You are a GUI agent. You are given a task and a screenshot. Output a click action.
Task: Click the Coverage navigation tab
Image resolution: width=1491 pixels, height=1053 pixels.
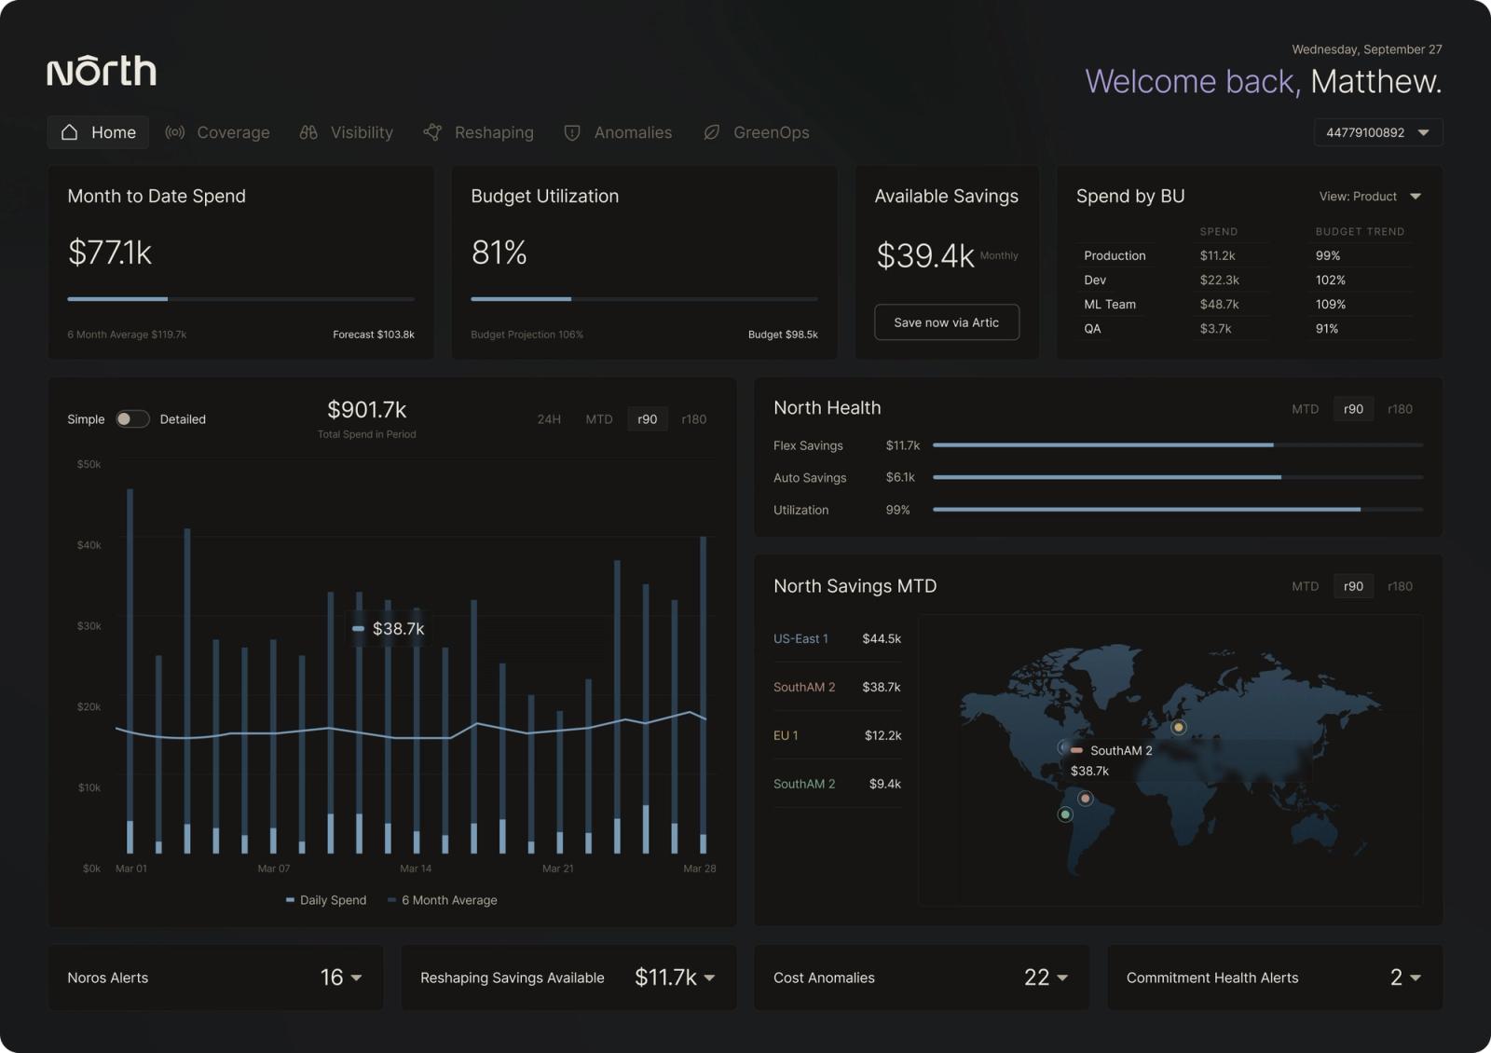coord(217,132)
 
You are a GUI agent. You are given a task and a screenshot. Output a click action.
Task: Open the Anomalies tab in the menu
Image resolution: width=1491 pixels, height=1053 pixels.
coord(618,132)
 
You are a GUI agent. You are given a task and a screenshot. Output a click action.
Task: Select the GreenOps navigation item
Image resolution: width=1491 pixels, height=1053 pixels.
coord(756,132)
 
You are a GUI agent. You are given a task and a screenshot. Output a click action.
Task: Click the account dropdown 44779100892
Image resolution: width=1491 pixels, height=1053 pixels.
coord(1378,132)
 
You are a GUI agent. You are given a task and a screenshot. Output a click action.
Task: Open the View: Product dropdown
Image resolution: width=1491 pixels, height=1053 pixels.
coord(1370,197)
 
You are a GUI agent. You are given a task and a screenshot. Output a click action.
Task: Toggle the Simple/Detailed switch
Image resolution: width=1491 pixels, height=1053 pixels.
coord(131,418)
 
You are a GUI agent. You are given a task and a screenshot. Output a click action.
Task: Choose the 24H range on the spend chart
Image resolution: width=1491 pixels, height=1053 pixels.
coord(549,419)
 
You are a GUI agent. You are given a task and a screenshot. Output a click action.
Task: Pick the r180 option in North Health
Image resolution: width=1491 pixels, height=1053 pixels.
coord(1400,409)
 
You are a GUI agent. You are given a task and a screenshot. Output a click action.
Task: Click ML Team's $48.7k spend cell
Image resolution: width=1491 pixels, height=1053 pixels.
coord(1219,304)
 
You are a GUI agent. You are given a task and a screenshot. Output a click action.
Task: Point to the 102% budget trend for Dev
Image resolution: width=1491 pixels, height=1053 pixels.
coord(1330,280)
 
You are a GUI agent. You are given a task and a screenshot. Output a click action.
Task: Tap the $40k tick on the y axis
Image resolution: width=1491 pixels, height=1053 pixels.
coord(89,545)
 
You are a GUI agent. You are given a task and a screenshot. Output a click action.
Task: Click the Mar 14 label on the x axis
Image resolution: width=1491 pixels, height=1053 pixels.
coord(416,868)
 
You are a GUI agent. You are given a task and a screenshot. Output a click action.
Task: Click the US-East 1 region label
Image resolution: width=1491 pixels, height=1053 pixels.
coord(800,639)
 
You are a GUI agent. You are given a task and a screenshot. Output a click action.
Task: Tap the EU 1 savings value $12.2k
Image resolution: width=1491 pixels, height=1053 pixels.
coord(882,735)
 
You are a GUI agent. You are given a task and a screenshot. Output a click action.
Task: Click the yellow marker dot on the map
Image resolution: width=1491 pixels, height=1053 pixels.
coord(1178,728)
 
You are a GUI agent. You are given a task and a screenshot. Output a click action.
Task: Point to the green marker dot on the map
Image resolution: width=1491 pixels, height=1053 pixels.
coord(1065,814)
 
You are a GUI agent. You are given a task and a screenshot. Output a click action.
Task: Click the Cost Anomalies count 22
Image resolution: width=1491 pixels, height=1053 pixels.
coord(1036,978)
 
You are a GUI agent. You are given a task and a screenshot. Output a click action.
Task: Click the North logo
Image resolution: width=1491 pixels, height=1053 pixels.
coord(102,71)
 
